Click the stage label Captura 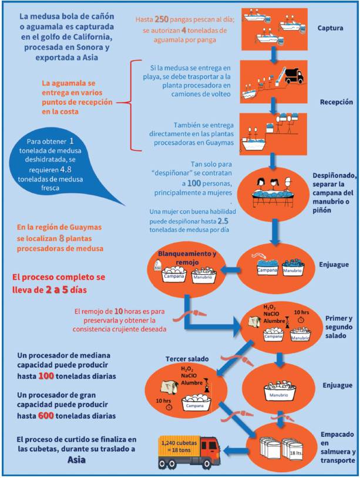click(x=330, y=28)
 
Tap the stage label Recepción click(x=335, y=102)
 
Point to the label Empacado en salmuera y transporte click(x=337, y=448)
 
